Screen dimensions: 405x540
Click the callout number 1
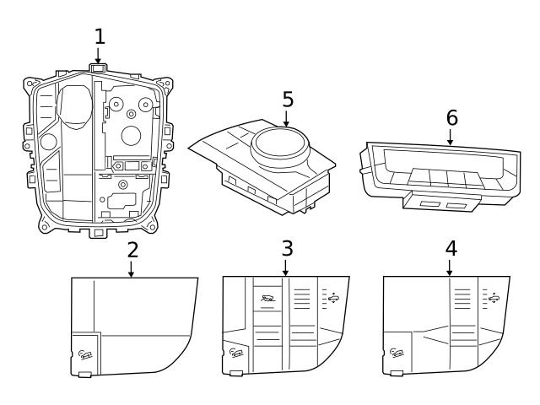[100, 36]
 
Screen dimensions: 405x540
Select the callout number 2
[132, 250]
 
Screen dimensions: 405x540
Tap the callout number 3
[287, 248]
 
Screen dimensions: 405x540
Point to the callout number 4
[451, 248]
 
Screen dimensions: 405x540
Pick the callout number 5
[288, 100]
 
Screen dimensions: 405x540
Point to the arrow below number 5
[288, 118]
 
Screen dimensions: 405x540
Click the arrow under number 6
[451, 135]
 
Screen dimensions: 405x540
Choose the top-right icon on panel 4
[489, 297]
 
